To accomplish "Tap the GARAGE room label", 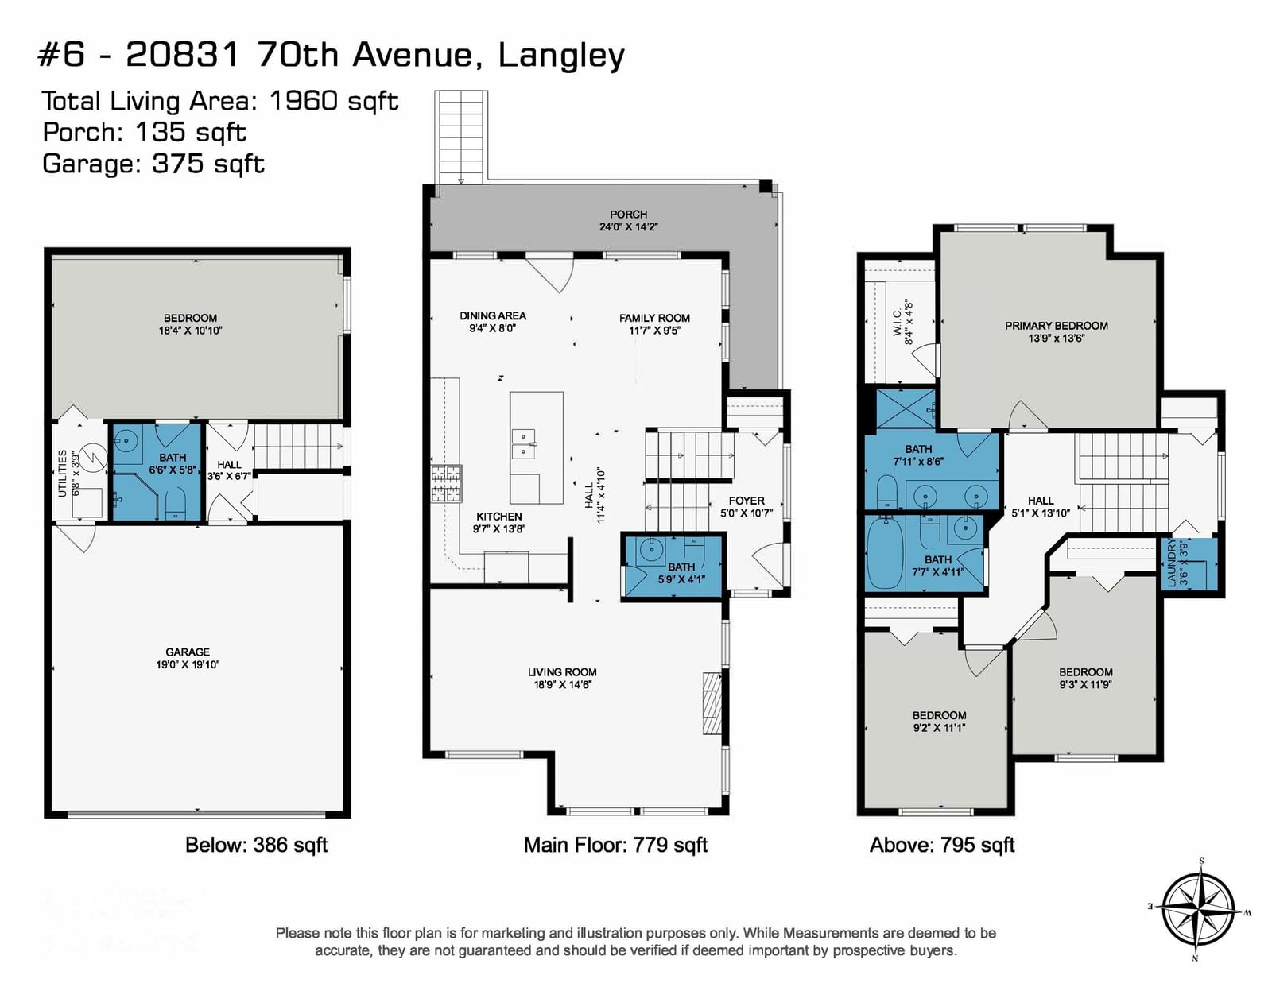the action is tap(188, 652).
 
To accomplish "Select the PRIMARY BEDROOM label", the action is tap(1056, 326).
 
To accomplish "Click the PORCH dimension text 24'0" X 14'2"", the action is tap(629, 227).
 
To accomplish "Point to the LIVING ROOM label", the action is tap(562, 672).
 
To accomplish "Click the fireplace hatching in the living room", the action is tap(712, 703).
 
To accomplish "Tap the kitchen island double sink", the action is tap(524, 444).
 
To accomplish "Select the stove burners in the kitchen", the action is tap(447, 483).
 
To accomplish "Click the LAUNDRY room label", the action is tap(1171, 563).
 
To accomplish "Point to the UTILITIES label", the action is tap(62, 474).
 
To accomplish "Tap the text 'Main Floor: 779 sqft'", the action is tap(615, 845).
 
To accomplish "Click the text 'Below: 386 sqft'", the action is tap(257, 845).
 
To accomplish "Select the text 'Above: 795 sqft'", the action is tap(942, 845).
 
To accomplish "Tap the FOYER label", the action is tap(747, 501).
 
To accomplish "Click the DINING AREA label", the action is tap(493, 316).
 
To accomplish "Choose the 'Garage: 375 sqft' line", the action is tap(153, 164).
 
